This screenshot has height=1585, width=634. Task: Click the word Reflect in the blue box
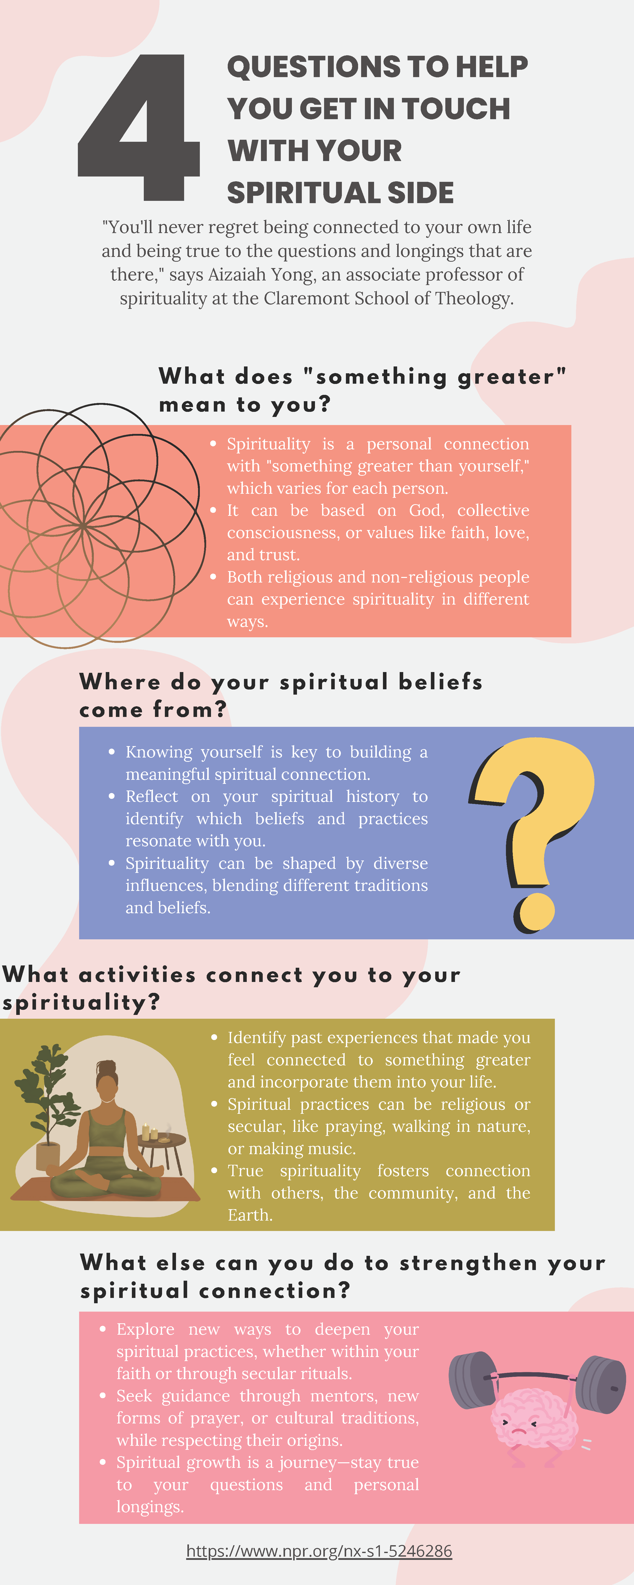pyautogui.click(x=151, y=796)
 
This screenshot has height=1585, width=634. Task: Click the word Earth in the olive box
pyautogui.click(x=250, y=1215)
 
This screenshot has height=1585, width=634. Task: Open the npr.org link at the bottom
pyautogui.click(x=319, y=1551)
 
